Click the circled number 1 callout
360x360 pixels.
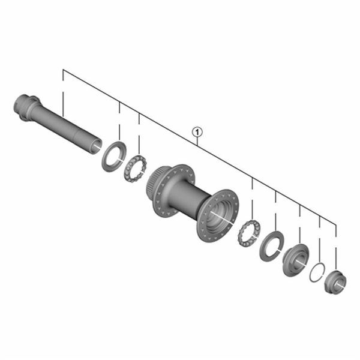point(197,132)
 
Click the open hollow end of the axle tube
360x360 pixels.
point(96,146)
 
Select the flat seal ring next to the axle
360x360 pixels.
point(114,157)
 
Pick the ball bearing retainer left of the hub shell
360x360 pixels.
point(135,167)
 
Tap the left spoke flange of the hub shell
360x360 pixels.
point(173,191)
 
